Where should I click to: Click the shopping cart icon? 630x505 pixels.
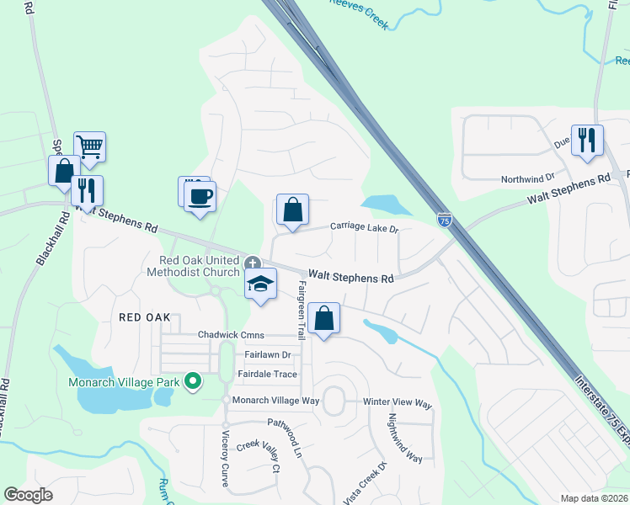pos(89,147)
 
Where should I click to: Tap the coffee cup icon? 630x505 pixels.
pos(200,197)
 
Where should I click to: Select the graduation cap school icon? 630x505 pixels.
pos(261,284)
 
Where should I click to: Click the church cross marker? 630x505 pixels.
pos(252,264)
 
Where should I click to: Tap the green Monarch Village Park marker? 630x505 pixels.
pos(193,382)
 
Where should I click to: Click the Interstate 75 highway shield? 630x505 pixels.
pos(445,220)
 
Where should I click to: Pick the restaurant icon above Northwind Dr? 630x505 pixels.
pos(587,140)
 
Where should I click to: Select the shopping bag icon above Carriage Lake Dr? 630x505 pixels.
pos(292,210)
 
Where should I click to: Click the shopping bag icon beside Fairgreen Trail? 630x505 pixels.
pos(323,318)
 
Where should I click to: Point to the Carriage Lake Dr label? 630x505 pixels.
pos(364,227)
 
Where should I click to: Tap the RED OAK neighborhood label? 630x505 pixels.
pos(145,317)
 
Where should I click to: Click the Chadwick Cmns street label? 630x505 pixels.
pos(231,334)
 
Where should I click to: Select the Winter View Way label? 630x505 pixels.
pos(398,404)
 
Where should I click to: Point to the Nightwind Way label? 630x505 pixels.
pos(403,439)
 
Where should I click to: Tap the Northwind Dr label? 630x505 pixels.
pos(527,178)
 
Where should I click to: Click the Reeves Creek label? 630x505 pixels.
pos(359,14)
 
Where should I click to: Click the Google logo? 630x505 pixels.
pos(29,495)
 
